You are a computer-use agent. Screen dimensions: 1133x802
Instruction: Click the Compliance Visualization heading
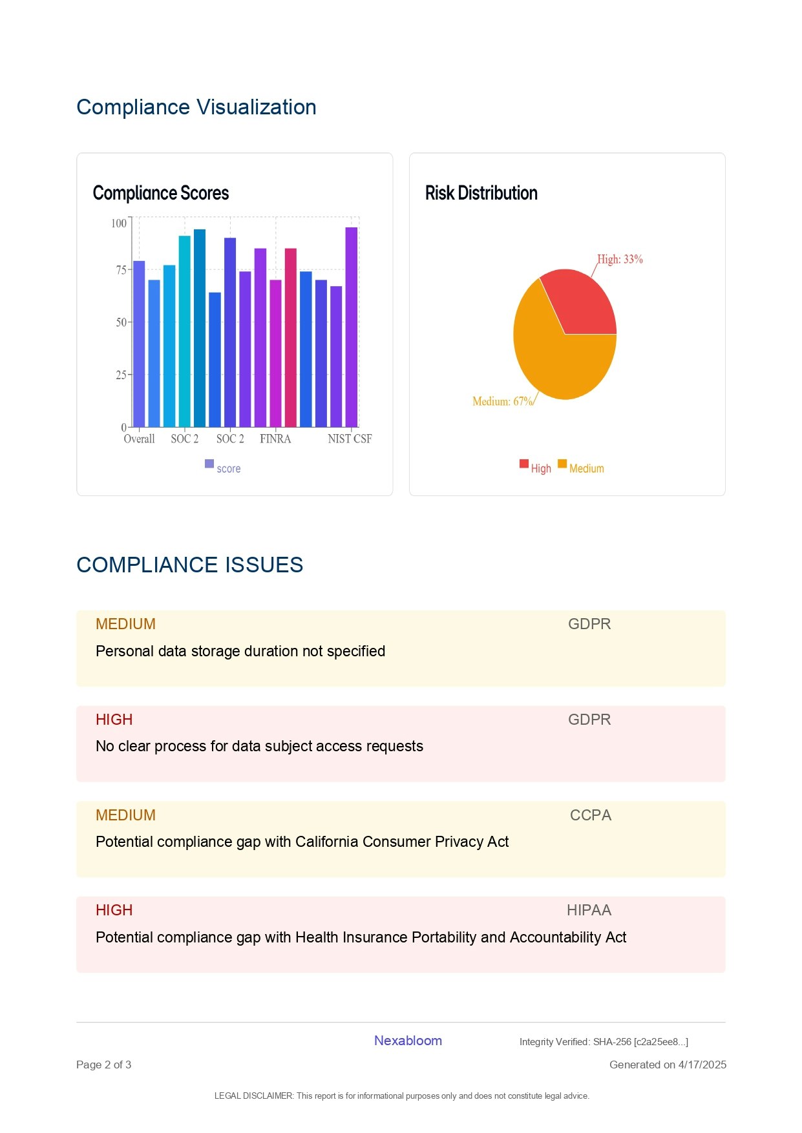(196, 107)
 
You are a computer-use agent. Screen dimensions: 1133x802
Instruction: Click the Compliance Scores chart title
(161, 193)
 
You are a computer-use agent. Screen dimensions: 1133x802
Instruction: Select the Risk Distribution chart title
(481, 193)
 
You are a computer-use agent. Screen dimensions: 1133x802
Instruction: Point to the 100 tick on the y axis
(119, 223)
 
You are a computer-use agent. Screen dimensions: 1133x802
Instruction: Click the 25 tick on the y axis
(121, 375)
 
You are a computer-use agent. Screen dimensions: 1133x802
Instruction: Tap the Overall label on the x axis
(139, 439)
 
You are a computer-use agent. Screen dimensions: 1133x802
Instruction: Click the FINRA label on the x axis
(275, 439)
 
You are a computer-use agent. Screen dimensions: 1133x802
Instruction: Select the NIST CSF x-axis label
(350, 439)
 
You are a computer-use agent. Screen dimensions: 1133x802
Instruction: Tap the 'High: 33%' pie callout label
(620, 260)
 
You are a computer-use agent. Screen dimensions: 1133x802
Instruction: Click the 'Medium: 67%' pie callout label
(502, 402)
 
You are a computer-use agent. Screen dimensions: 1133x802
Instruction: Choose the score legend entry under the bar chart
(228, 468)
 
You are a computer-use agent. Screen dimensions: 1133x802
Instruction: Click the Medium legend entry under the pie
(586, 468)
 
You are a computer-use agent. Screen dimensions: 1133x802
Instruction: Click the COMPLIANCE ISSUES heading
(189, 565)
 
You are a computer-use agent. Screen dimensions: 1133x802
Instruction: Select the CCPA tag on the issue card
(590, 815)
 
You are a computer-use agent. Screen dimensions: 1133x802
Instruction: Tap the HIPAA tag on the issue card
(589, 910)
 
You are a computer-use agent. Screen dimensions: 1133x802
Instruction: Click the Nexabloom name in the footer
(408, 1041)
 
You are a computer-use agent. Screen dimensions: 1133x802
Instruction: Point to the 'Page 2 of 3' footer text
(103, 1065)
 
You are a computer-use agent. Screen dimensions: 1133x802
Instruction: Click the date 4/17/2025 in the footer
(702, 1065)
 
